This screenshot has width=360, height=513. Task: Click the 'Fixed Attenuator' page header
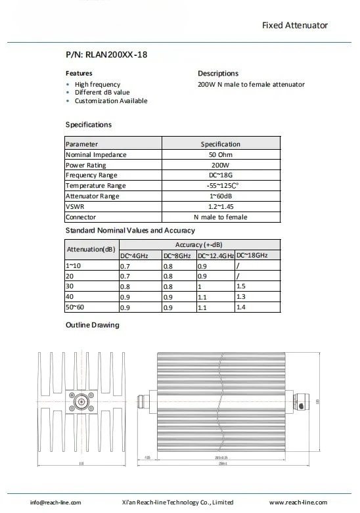click(x=294, y=26)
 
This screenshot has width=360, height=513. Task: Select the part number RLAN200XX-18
click(x=106, y=55)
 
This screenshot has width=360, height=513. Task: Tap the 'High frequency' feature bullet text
click(x=97, y=84)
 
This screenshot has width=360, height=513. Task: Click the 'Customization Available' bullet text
click(x=110, y=101)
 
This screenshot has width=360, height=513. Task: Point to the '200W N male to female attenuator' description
click(x=251, y=84)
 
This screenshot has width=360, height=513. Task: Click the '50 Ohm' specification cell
click(x=220, y=154)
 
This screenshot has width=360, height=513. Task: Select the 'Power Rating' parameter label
click(x=85, y=165)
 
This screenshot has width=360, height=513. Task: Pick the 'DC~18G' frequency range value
click(x=220, y=175)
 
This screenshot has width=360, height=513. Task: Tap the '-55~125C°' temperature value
click(x=220, y=186)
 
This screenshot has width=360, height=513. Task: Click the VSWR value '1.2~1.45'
click(x=220, y=206)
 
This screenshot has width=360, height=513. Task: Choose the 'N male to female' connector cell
click(x=220, y=217)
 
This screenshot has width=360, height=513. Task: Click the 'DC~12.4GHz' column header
click(x=215, y=255)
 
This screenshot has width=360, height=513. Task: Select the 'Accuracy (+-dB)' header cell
click(x=199, y=244)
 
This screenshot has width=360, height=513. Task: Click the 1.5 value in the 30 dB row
click(x=240, y=286)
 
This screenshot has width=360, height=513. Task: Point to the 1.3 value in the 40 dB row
click(x=240, y=297)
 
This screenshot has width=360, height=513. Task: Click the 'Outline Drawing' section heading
click(x=92, y=325)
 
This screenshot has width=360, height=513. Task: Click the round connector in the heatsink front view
click(x=82, y=401)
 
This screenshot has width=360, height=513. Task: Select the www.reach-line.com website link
click(x=298, y=502)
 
